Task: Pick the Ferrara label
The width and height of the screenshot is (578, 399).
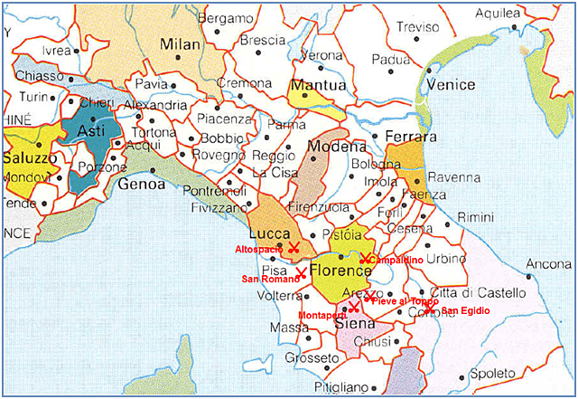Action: click(x=411, y=137)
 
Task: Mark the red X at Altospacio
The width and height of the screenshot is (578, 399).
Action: click(x=293, y=247)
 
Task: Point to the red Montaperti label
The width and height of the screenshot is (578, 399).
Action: click(x=321, y=314)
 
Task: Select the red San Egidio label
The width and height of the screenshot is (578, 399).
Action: click(x=466, y=311)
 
